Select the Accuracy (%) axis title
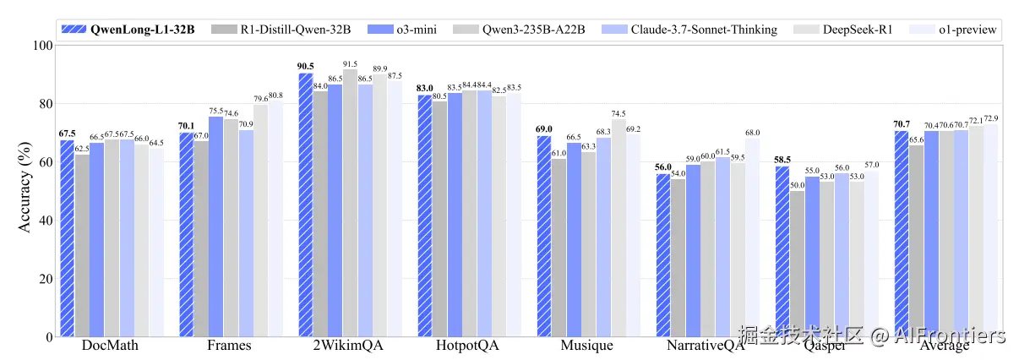23,192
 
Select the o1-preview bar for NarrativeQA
753,237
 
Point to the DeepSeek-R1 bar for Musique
618,228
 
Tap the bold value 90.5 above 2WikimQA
306,66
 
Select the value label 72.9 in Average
992,117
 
